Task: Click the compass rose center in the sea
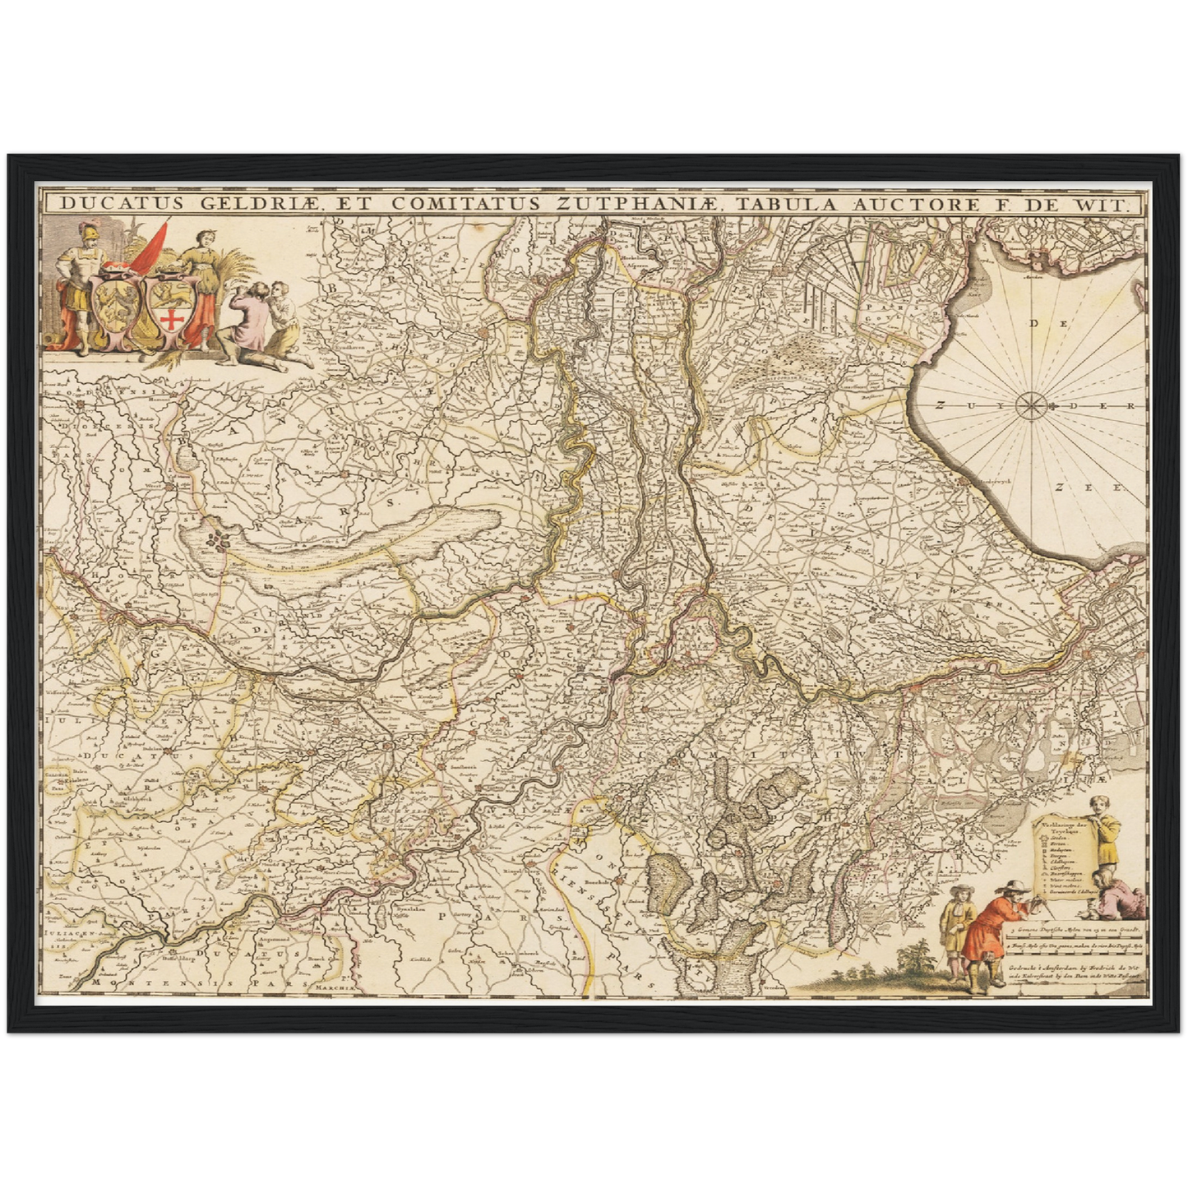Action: pos(1029,404)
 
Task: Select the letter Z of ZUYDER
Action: pos(939,404)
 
